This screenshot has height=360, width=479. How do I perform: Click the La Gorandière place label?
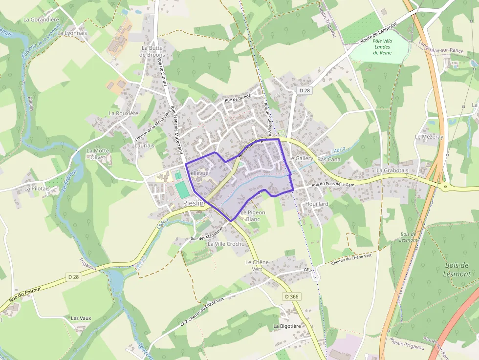click(41, 20)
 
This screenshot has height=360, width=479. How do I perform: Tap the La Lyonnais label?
click(72, 33)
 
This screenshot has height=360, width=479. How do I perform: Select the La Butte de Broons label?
click(152, 51)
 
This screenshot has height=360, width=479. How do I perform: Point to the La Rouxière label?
click(124, 113)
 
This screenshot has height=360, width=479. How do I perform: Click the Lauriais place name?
click(144, 146)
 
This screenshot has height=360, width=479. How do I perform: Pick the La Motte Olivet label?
click(98, 154)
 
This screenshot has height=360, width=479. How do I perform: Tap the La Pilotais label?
click(37, 188)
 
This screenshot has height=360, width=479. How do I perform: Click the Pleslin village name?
click(193, 203)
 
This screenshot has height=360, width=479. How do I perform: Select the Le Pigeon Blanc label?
click(253, 216)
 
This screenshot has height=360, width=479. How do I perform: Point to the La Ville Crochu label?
click(226, 243)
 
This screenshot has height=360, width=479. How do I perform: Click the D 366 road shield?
click(292, 296)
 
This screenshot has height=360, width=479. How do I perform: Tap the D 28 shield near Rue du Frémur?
click(74, 276)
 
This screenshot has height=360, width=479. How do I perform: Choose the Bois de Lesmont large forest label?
click(457, 270)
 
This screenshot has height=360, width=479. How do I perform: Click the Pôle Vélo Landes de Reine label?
click(382, 47)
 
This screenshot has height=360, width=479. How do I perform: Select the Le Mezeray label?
click(429, 137)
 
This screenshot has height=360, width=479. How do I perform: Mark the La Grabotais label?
click(392, 170)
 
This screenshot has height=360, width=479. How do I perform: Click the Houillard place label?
click(316, 204)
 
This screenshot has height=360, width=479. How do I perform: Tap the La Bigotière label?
click(287, 326)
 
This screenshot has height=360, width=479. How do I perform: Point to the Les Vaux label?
click(81, 318)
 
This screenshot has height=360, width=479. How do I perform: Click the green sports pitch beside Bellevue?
click(182, 190)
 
